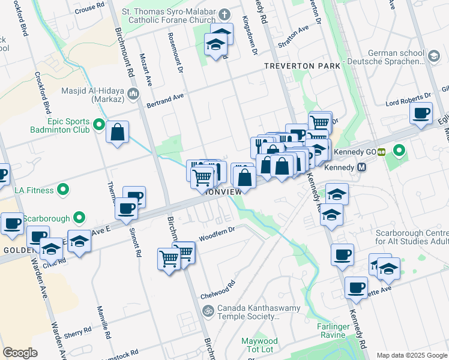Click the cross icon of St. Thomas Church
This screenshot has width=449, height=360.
point(224,14)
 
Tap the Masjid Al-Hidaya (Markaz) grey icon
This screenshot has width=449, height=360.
point(133,93)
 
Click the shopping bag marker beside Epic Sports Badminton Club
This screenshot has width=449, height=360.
point(118,131)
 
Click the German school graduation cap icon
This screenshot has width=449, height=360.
point(433,56)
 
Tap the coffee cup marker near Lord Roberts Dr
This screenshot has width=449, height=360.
point(421,112)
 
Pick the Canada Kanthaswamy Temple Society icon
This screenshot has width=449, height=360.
point(208,311)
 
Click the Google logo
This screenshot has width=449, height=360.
point(20,353)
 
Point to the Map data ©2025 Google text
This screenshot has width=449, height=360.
point(412,355)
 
